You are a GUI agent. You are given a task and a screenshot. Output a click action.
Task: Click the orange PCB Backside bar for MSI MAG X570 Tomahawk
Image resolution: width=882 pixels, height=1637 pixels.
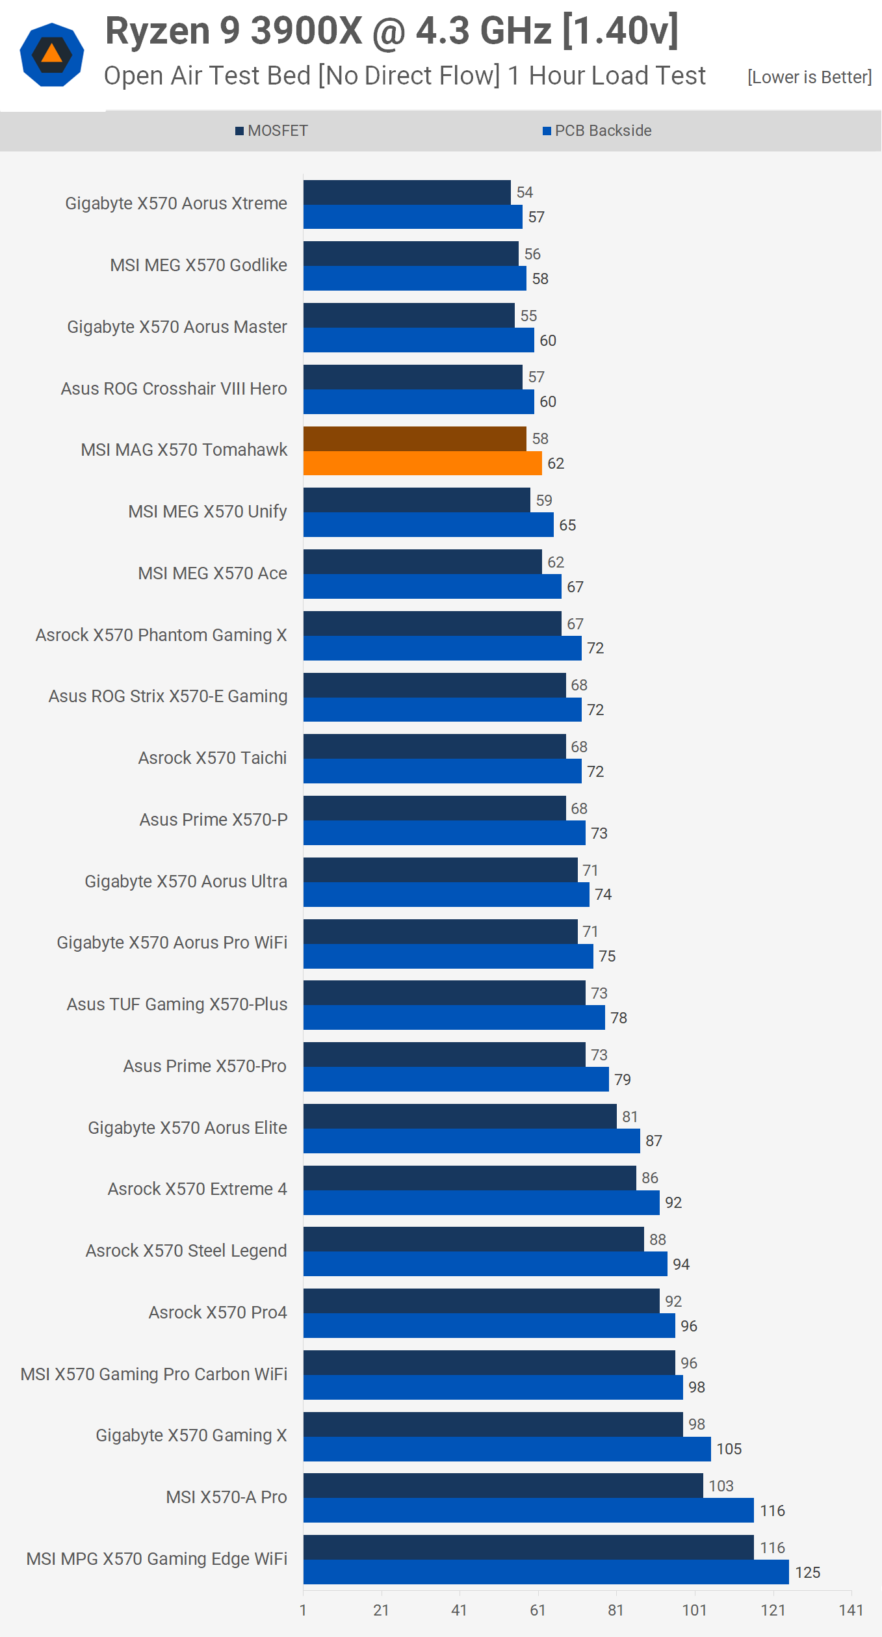coord(422,464)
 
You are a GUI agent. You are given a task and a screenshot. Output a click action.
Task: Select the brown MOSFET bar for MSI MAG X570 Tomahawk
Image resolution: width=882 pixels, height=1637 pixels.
coord(415,439)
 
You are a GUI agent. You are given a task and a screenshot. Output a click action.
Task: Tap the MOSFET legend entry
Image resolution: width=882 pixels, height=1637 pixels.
coord(272,131)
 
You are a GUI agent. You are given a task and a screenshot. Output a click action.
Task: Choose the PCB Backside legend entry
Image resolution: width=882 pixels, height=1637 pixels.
coord(597,131)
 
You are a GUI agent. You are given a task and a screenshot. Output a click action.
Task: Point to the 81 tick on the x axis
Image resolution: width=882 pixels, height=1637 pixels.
coord(616,1610)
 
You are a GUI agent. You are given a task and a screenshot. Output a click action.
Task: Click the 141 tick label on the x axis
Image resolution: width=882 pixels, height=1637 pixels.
coord(851,1610)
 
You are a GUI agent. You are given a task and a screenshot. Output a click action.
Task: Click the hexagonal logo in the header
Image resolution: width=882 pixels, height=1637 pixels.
coord(52,55)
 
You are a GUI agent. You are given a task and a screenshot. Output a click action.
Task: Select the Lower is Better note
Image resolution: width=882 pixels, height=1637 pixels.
coord(809,77)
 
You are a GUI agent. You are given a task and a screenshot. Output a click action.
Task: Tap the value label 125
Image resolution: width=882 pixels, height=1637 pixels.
coord(807,1573)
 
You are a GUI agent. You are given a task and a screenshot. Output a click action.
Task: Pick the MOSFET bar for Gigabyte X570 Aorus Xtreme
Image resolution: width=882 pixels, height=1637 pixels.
coord(407,192)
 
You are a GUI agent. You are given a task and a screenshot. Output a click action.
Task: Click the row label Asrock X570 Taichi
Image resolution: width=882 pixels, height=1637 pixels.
coord(213,758)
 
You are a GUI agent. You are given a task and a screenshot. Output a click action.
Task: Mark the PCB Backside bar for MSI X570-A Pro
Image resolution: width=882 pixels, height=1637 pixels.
coord(528,1511)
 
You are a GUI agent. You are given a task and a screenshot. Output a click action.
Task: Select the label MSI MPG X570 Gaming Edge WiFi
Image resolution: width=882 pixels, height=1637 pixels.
coord(157,1559)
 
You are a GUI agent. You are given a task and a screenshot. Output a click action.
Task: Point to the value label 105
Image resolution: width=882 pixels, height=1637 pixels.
coord(729,1449)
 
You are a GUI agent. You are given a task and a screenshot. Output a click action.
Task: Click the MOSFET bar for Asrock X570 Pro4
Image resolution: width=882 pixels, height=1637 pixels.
coord(481,1302)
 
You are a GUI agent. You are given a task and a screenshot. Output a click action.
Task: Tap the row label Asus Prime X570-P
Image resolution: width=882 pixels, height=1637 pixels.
coord(213,820)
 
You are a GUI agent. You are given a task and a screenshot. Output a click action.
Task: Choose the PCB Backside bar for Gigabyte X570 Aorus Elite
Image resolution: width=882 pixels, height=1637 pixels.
coord(471,1141)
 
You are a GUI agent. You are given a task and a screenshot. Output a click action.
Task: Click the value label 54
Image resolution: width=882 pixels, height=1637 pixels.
coord(525,192)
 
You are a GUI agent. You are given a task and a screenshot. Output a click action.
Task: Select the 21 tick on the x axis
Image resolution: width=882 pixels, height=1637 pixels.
coord(381,1610)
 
